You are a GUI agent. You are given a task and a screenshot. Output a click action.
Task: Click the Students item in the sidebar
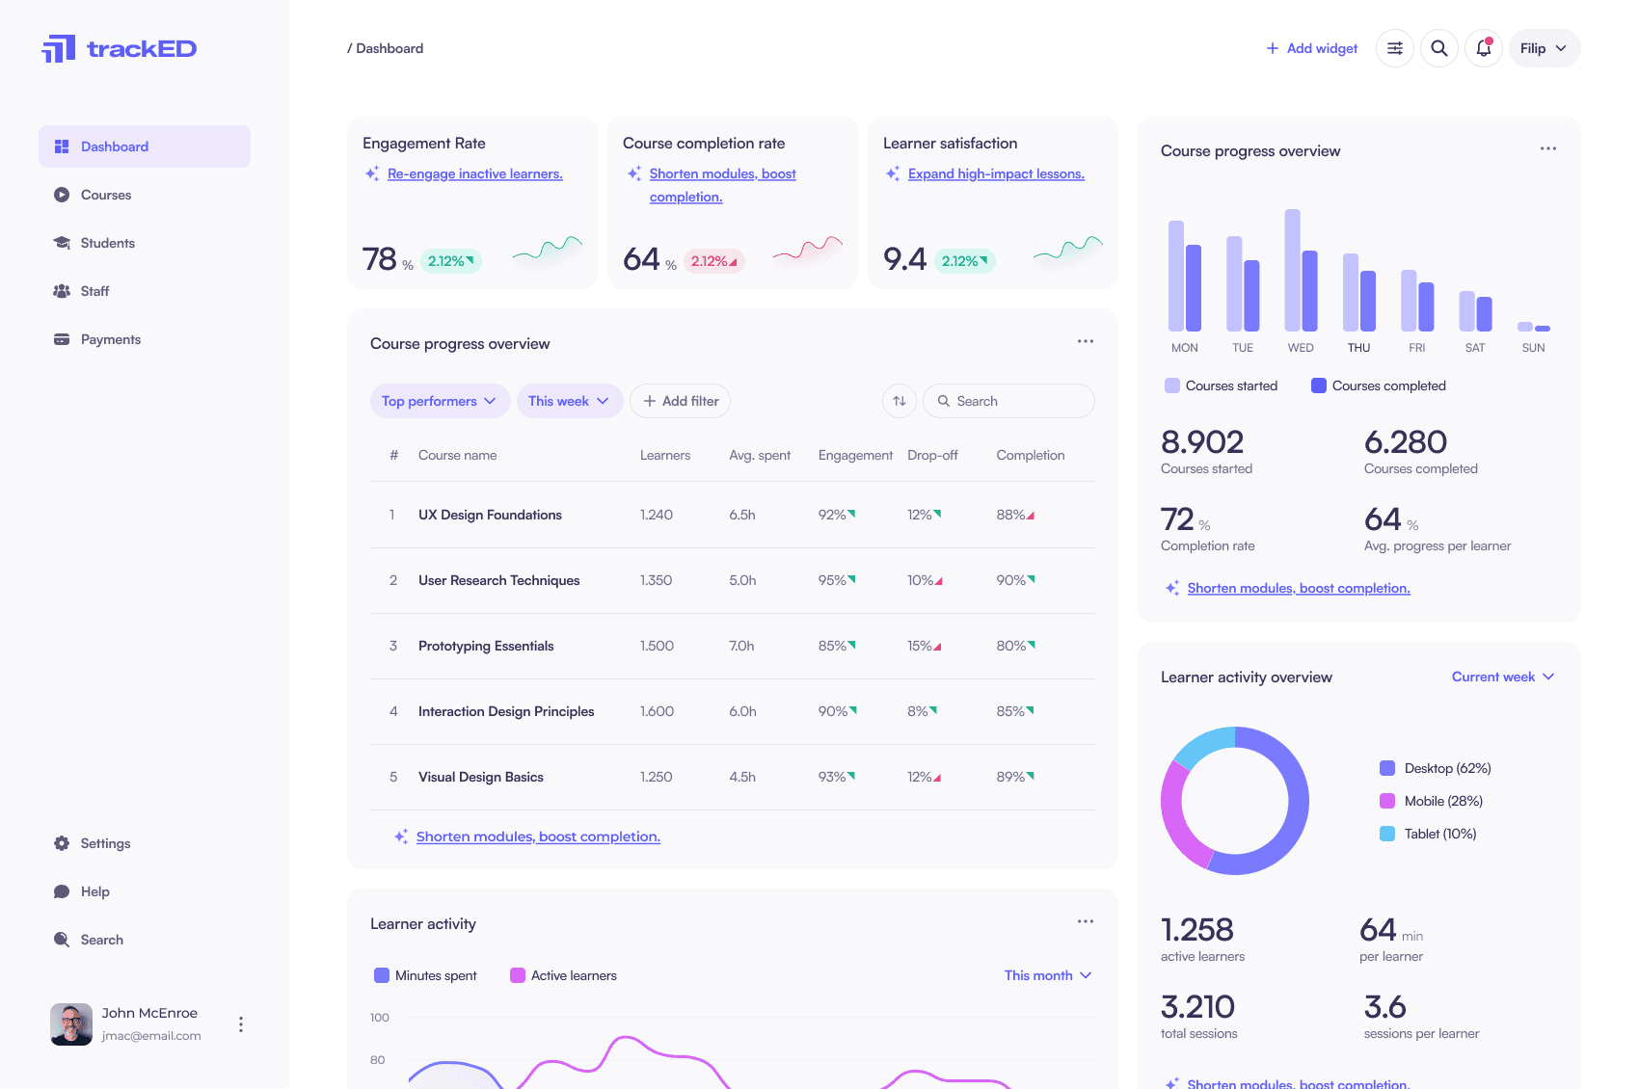click(107, 243)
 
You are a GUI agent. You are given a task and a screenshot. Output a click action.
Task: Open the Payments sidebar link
click(110, 339)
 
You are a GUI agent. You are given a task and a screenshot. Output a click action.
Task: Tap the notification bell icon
click(1484, 48)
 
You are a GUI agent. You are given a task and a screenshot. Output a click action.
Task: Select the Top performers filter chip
click(439, 401)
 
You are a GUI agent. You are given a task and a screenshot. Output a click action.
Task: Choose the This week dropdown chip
click(568, 401)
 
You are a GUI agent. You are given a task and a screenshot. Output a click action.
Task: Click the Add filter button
click(680, 401)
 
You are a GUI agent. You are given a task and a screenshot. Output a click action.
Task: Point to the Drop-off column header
click(932, 455)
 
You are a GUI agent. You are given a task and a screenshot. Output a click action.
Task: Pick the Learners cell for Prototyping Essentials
click(657, 646)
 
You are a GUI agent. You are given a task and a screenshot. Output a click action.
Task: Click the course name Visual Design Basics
click(480, 777)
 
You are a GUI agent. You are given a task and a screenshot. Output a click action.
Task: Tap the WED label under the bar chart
click(1301, 348)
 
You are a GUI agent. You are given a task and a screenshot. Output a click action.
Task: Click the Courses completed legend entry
click(1379, 385)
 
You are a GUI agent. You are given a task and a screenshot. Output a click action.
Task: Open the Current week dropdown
click(1502, 677)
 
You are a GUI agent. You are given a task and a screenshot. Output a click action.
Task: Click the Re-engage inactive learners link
click(474, 173)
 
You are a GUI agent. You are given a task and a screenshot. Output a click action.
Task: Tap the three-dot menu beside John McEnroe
click(241, 1023)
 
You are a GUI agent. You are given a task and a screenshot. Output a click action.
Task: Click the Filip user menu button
click(1544, 48)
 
